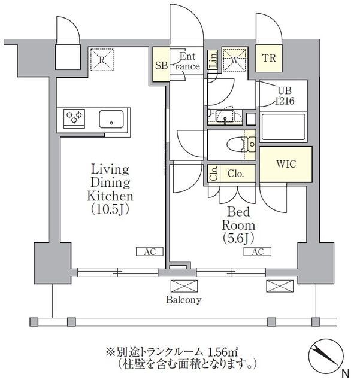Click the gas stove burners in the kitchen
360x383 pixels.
click(74, 118)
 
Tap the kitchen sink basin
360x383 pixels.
click(111, 119)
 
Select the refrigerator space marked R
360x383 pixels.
click(102, 60)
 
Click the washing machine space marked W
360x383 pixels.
click(235, 60)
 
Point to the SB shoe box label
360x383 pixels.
click(161, 65)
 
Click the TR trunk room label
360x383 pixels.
click(269, 58)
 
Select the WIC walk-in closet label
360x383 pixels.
click(286, 164)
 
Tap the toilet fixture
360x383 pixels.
click(241, 145)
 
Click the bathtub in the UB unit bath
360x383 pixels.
click(283, 127)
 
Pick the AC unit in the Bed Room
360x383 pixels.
click(258, 251)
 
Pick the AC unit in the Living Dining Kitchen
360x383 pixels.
click(150, 251)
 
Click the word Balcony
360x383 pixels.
click(184, 300)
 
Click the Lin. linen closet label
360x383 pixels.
click(213, 59)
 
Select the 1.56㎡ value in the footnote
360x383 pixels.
click(223, 352)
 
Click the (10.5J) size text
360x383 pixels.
click(110, 209)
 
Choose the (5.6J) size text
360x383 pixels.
click(238, 238)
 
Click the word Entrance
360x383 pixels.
click(187, 61)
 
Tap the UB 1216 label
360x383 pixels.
click(285, 96)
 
